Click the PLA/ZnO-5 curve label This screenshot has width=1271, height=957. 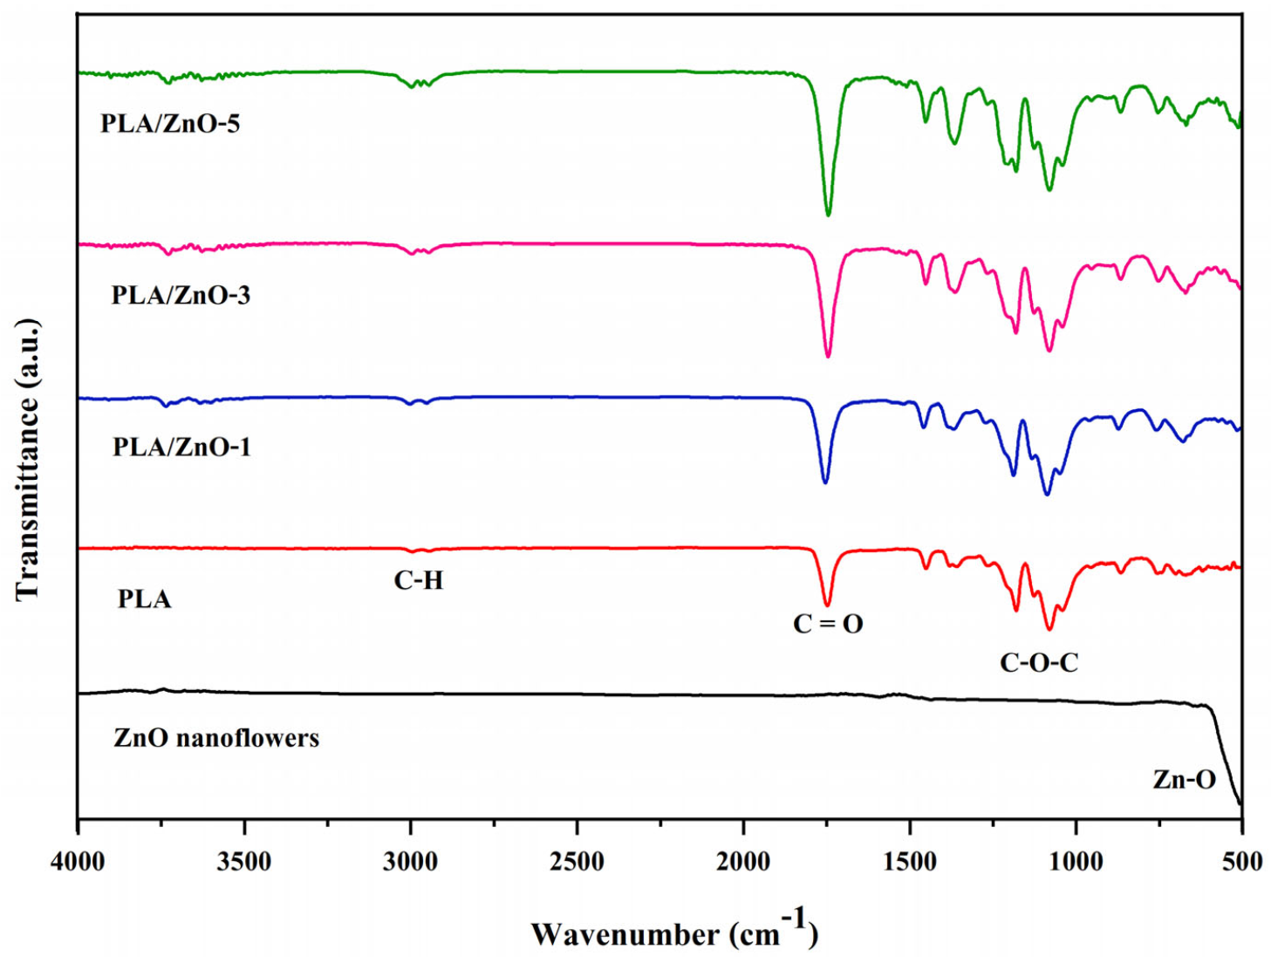(170, 123)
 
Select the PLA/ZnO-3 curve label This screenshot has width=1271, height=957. (181, 295)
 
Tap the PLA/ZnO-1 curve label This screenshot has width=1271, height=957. (181, 447)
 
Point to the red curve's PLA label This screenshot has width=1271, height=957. (145, 599)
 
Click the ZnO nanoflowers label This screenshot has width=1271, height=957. (216, 738)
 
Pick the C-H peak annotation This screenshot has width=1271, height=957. (419, 580)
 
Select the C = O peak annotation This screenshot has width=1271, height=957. (828, 624)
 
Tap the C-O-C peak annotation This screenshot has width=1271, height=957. (1039, 663)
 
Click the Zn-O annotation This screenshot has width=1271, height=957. (1184, 779)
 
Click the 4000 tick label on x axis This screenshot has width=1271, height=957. (79, 862)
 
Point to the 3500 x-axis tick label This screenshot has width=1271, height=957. (244, 862)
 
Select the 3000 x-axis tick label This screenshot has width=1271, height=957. (411, 862)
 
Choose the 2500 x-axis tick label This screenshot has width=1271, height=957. (577, 862)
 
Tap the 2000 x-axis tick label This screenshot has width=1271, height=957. (743, 862)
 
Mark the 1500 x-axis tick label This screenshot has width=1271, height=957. (910, 862)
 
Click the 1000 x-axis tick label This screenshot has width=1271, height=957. (1076, 862)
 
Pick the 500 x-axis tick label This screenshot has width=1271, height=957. (1241, 862)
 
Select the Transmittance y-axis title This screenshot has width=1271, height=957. (28, 459)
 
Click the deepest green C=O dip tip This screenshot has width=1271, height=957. (828, 215)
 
